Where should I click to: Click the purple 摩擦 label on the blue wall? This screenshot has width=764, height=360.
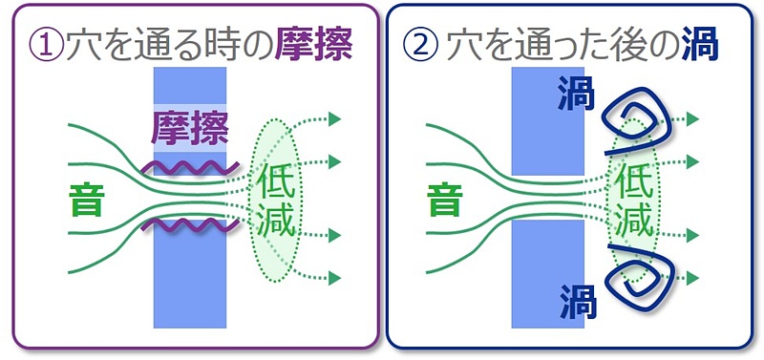(x=191, y=128)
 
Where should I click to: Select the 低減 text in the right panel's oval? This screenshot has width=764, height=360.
(x=634, y=200)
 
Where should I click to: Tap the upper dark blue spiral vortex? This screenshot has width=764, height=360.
(x=635, y=118)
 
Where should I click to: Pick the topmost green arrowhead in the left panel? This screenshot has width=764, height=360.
(x=334, y=119)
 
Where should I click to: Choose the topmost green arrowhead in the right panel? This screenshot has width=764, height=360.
(x=694, y=119)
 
